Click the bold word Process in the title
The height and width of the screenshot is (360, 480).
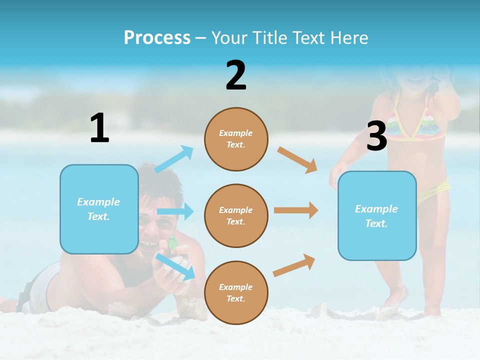pos(157,38)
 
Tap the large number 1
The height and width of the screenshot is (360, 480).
pos(99,128)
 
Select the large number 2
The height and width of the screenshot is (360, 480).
pos(236,75)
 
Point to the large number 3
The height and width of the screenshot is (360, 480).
pos(376,136)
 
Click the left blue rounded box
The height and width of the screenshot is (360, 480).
pos(99,209)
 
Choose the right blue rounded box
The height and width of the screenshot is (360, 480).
pos(377,216)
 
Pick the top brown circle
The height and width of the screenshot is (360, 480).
pos(236,139)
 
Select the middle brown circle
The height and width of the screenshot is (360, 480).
pos(236,216)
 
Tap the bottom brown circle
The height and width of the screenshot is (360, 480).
pos(236,292)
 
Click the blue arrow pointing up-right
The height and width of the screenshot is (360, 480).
pos(174,159)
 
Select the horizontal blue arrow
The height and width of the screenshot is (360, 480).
pos(175,211)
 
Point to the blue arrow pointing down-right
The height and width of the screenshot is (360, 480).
pos(175,266)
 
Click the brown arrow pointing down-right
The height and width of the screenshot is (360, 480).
pos(297,159)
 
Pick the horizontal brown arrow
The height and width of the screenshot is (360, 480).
pos(296,210)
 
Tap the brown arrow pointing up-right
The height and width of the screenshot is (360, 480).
pos(294,264)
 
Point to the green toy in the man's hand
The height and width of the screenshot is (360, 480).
pos(172,242)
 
